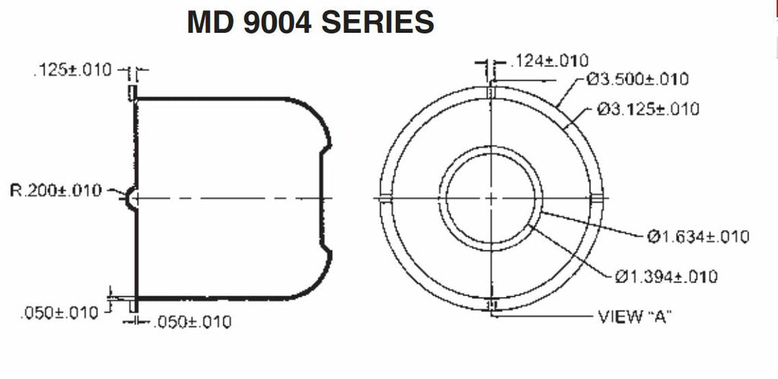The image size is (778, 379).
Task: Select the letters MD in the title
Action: (x=209, y=24)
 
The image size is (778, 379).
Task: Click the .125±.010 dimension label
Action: (x=72, y=71)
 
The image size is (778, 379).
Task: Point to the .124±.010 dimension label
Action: (x=549, y=61)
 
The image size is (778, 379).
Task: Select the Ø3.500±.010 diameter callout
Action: (x=637, y=79)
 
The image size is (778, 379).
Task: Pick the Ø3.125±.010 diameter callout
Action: (x=648, y=109)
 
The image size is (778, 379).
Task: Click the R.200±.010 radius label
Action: (x=55, y=191)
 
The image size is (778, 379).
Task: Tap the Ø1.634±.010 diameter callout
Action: (x=698, y=237)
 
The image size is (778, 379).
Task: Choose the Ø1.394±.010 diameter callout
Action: (x=666, y=276)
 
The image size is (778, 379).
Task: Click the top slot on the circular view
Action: (x=491, y=92)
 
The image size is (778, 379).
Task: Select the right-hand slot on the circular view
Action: (x=596, y=198)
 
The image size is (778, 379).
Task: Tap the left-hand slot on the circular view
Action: (x=385, y=198)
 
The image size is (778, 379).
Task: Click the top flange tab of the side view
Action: (x=132, y=92)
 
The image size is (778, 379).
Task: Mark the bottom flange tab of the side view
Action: (x=132, y=305)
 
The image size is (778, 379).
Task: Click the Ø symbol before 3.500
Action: (x=592, y=79)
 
